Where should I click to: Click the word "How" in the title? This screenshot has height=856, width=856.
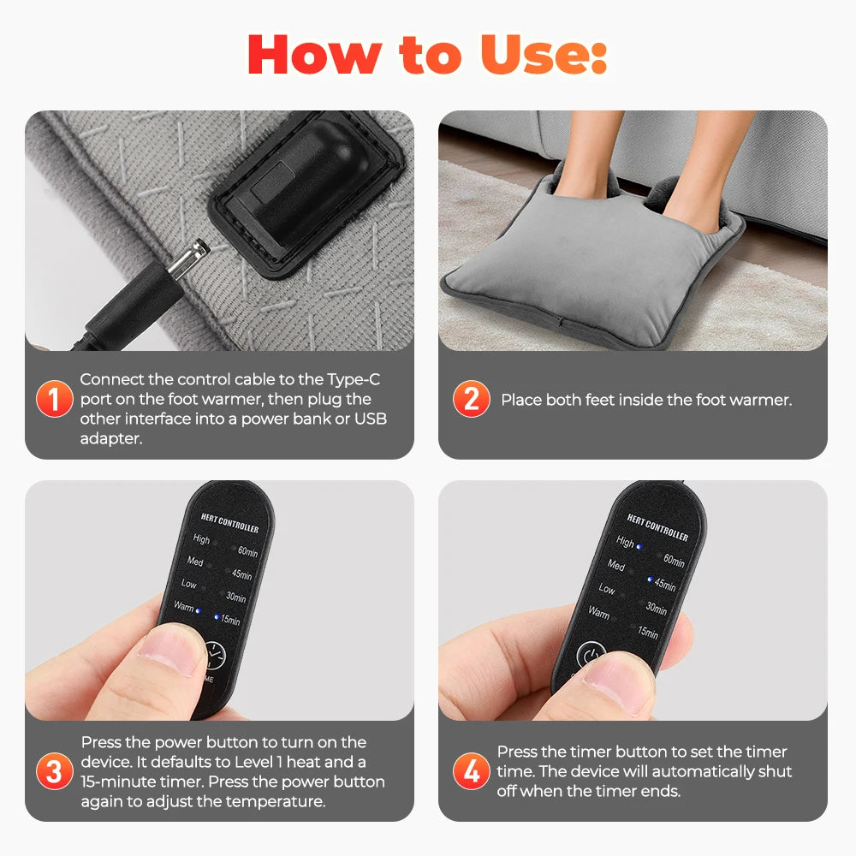[x=306, y=55]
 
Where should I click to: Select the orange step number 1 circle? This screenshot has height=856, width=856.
[x=54, y=400]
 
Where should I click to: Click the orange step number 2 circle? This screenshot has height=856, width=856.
[x=471, y=400]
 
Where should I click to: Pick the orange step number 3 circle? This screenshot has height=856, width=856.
[x=54, y=772]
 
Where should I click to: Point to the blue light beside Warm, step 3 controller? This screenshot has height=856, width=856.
[x=199, y=611]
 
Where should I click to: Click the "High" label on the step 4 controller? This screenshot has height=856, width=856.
[x=625, y=542]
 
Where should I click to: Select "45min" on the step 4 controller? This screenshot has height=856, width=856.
[x=665, y=585]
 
